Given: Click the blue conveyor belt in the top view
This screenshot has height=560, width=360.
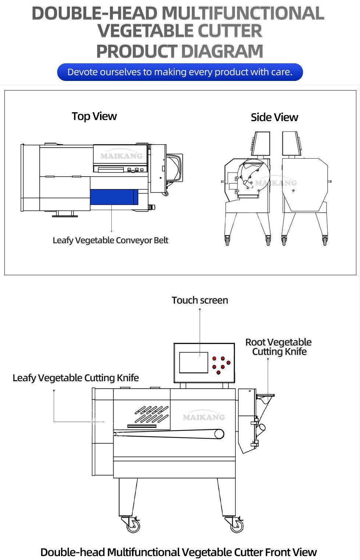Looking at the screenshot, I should tap(114, 197).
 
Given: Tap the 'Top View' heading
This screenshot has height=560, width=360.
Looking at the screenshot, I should tap(94, 116).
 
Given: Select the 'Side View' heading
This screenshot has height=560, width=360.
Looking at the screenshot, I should tap(274, 117).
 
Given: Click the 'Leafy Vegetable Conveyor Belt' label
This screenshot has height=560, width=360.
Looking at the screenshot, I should tap(110, 240).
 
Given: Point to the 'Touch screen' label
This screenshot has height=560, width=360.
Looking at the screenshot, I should tap(200, 300).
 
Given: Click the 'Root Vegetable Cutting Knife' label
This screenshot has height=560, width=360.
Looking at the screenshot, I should tap(279, 347).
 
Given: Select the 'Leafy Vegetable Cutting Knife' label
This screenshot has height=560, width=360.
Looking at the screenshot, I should tap(76, 378).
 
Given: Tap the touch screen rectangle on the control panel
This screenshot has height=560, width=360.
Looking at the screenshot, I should tap(194, 362).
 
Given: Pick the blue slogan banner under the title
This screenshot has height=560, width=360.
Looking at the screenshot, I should tap(180, 72).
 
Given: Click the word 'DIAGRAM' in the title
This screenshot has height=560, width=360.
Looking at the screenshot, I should tap(222, 51).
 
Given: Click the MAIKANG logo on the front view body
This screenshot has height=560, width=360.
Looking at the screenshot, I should tap(204, 417).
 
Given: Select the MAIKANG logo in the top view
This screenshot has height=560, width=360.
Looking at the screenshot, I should tap(121, 156).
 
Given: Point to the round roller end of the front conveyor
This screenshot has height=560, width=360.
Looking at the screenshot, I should tap(219, 434).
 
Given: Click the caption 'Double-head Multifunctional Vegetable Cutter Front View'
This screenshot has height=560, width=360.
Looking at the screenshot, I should tap(178, 552).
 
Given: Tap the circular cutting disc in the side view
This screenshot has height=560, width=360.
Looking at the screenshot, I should tap(254, 175).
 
